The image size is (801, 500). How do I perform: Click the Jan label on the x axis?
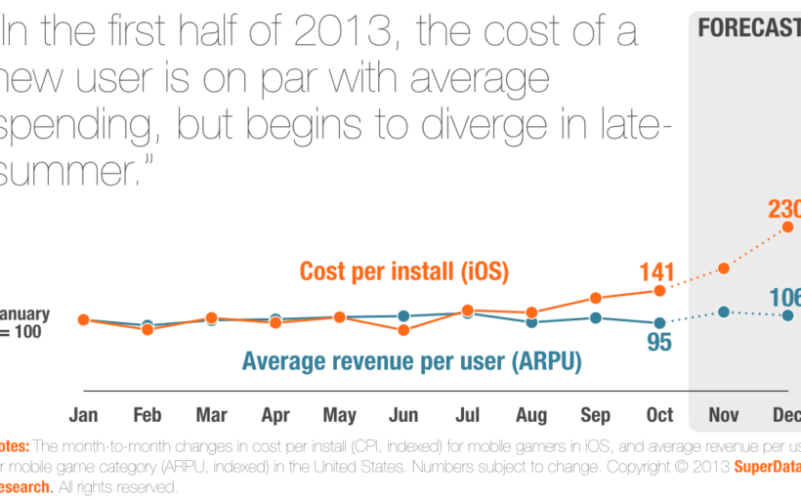click(83, 415)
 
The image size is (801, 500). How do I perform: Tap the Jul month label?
click(468, 415)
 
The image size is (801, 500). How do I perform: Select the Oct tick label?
click(660, 415)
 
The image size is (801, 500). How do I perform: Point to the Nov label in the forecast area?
click(724, 415)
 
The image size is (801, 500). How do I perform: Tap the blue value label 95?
click(659, 344)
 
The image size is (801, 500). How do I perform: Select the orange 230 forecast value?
click(784, 209)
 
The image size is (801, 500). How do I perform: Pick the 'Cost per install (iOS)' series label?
click(404, 271)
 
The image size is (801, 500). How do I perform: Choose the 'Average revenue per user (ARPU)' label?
click(411, 361)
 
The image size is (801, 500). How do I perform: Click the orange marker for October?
click(659, 290)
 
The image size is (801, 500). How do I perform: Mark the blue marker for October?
click(659, 322)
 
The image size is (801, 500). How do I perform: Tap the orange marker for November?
click(724, 268)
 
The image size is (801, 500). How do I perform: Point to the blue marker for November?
click(724, 312)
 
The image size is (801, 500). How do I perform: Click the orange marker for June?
click(403, 330)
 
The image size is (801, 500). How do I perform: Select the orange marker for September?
click(595, 298)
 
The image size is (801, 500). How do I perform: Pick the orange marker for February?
click(148, 329)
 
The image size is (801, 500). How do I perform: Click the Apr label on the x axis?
click(275, 415)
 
